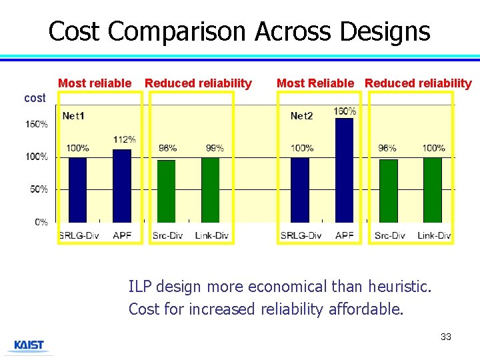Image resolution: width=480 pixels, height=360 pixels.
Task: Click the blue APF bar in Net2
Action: coord(344,170)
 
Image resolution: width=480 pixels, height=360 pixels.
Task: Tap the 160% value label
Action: coord(345,111)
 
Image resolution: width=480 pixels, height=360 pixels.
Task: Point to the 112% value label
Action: coord(124,139)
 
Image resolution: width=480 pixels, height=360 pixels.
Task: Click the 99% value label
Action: coord(214,147)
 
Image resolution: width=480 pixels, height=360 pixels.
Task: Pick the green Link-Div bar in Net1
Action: coord(211,189)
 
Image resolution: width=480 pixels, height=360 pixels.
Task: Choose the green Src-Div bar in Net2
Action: coord(389,190)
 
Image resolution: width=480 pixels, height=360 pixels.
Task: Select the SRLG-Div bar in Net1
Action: coord(78,189)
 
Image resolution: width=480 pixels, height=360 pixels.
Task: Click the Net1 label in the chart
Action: coord(73,116)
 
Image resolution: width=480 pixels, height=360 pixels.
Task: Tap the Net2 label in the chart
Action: coord(301,116)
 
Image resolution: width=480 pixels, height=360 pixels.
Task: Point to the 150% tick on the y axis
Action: coord(37,124)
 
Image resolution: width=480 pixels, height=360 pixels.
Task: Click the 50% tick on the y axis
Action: coord(39,189)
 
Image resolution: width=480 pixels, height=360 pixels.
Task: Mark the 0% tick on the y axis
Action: coord(41,222)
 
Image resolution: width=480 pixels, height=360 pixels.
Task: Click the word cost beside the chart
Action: coord(35,98)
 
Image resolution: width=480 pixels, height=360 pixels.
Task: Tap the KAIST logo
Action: coord(29,345)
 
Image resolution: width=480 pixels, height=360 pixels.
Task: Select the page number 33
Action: coord(446,337)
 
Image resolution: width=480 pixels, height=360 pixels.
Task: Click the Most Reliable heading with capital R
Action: coord(315,83)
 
